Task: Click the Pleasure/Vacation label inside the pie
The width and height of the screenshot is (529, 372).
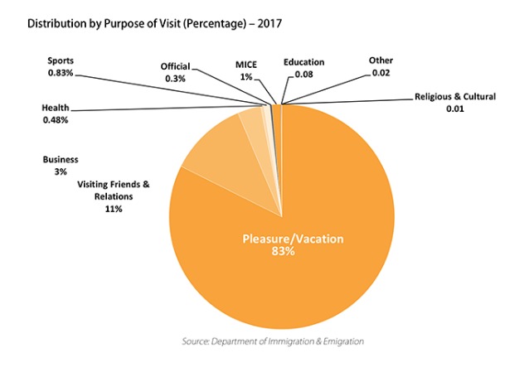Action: [x=293, y=239]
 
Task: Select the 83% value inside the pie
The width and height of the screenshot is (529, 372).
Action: [x=283, y=251]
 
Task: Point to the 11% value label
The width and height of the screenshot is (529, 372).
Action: [x=114, y=209]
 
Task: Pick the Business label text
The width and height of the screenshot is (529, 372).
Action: [x=61, y=160]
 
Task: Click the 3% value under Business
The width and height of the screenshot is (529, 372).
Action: [x=61, y=172]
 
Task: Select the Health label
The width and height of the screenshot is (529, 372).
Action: [x=56, y=108]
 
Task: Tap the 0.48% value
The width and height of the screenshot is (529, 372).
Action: [x=56, y=120]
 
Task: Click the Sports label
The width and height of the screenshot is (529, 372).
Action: [x=61, y=60]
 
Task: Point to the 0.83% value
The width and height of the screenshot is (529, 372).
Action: [x=61, y=73]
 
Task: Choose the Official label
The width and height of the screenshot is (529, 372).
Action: [x=175, y=66]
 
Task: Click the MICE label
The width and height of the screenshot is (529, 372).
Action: [x=246, y=65]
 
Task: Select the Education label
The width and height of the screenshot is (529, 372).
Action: [x=304, y=62]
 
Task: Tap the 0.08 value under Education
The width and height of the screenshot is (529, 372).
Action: [x=304, y=75]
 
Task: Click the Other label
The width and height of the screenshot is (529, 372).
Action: [x=381, y=60]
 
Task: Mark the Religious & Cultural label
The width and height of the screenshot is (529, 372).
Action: [x=455, y=97]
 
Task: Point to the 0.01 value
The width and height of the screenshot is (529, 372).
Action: [x=455, y=109]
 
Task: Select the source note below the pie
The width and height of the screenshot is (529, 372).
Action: [x=273, y=341]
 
